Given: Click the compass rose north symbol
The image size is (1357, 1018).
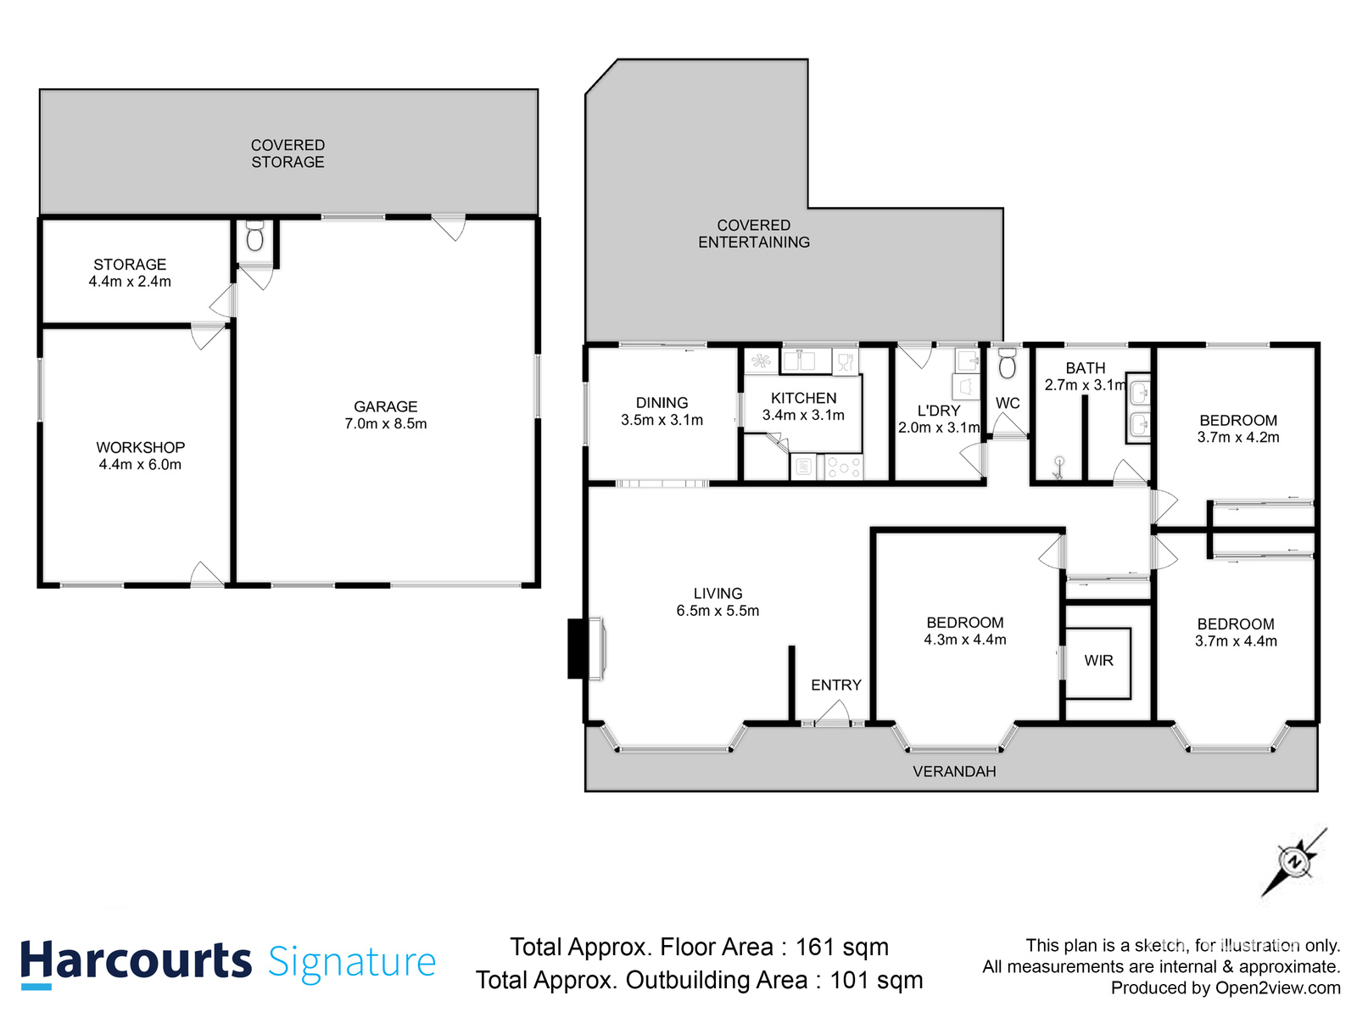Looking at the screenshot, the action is (1294, 861).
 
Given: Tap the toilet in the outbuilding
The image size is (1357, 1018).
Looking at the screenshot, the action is (254, 236).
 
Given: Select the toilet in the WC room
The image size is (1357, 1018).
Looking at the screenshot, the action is (1007, 363).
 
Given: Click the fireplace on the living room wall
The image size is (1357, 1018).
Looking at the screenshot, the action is (587, 649).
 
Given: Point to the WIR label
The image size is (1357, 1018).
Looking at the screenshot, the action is (1098, 661).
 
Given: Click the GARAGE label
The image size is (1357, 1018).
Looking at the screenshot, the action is (385, 406).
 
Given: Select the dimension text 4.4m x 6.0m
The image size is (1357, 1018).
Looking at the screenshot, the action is (140, 464).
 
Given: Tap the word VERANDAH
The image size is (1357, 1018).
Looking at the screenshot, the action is (954, 771).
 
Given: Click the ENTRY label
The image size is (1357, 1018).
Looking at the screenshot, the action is (836, 685).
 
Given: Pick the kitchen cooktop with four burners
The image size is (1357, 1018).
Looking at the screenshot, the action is (843, 467).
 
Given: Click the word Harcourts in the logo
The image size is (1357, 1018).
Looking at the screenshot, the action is (136, 962).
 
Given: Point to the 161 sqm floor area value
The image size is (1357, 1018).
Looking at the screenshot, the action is (841, 947).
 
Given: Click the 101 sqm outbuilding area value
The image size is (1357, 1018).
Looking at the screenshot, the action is (875, 980).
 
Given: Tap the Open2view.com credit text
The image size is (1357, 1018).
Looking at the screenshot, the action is (1277, 987).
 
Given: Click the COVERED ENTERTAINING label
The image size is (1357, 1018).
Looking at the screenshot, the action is (754, 233).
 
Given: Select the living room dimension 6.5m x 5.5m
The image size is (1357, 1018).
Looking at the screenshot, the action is (718, 611).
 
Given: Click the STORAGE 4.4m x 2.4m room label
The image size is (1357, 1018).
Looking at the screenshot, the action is (130, 272).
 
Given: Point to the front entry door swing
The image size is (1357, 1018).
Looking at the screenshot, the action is (832, 712).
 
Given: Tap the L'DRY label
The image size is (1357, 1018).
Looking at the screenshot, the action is (939, 411).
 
